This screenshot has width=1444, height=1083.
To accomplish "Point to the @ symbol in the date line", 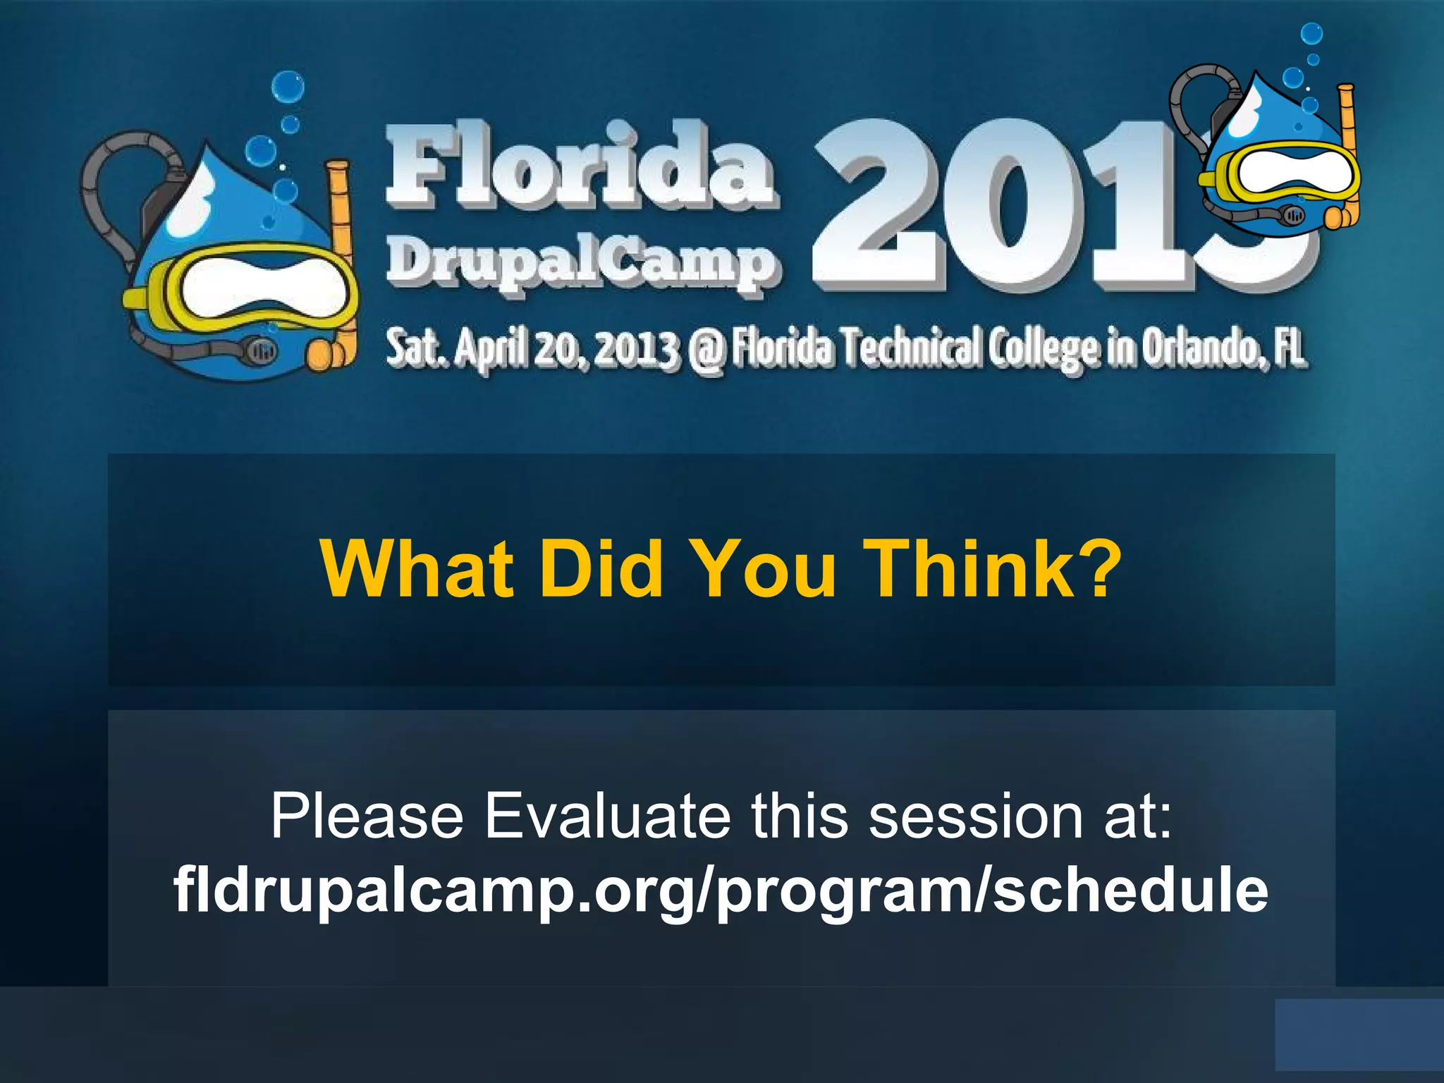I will click(706, 350).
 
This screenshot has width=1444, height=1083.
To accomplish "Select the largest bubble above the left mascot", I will click(288, 87).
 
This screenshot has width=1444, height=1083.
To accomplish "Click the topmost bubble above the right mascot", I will click(1311, 34).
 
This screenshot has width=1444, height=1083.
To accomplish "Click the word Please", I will click(367, 816).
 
